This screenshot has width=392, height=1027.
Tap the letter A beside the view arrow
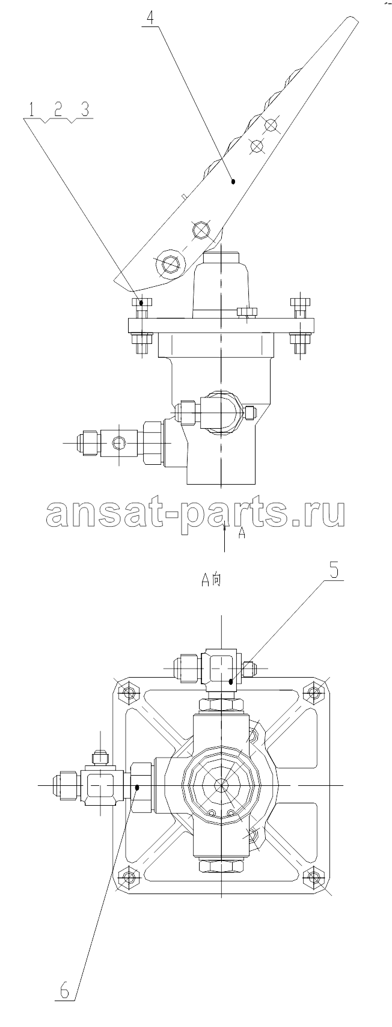point(242,533)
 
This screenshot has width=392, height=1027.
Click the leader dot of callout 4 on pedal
point(233,182)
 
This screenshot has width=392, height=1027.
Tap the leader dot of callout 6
point(138,786)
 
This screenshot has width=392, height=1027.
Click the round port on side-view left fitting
point(119,443)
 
